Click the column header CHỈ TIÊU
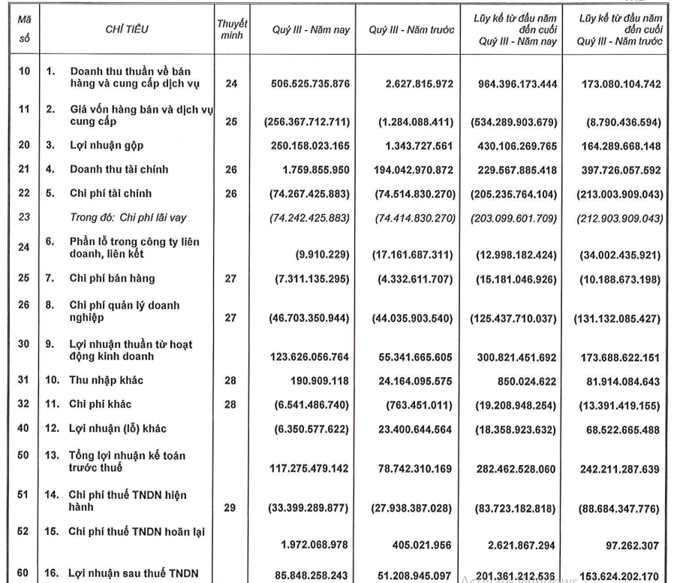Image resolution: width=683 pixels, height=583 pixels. pos(126,31)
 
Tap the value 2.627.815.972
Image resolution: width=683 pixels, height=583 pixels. pos(413,84)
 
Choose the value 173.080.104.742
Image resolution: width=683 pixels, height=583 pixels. pos(620,84)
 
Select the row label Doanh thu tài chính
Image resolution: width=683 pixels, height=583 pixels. pos(119,171)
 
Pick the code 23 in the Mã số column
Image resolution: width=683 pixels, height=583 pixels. pos(23,218)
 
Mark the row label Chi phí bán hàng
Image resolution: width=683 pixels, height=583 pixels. pos(113,279)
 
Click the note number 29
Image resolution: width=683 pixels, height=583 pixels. pos(231,508)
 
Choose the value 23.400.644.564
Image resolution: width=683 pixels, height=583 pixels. pos(412,429)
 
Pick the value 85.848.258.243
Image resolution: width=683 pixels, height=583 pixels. pos(309,575)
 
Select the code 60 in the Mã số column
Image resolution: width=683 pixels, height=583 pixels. pos(23,575)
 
